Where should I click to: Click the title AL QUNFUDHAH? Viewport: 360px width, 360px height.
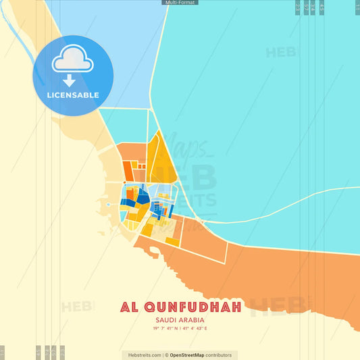pyautogui.click(x=181, y=307)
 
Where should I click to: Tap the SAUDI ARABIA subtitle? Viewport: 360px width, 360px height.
pyautogui.click(x=180, y=320)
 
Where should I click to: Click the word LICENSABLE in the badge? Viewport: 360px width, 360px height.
pyautogui.click(x=73, y=95)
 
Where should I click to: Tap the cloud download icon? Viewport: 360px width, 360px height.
pyautogui.click(x=73, y=63)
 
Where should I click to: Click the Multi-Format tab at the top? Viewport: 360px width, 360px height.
pyautogui.click(x=180, y=3)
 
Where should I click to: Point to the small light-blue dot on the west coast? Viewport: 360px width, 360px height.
pyautogui.click(x=108, y=203)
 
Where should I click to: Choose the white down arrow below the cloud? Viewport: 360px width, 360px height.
pyautogui.click(x=70, y=80)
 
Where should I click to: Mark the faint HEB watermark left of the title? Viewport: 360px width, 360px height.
pyautogui.click(x=78, y=307)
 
